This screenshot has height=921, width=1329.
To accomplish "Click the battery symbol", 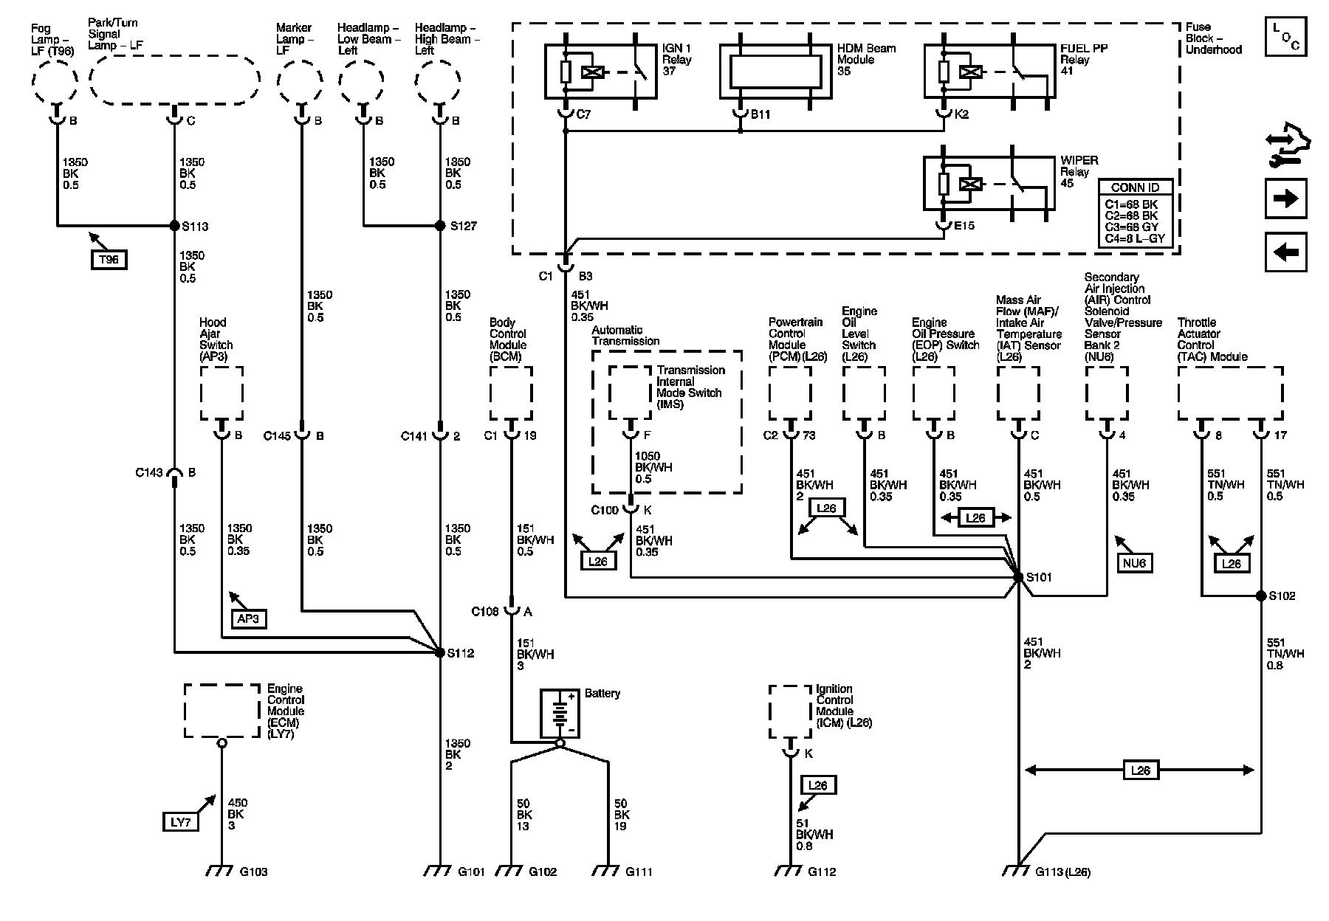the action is click(x=560, y=714).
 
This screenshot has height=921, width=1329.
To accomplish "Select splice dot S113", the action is click(x=174, y=226).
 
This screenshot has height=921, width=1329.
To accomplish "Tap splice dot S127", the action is click(x=440, y=226).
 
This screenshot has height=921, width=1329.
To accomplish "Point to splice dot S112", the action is click(x=440, y=652).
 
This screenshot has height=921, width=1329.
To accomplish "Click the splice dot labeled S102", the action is click(x=1261, y=596).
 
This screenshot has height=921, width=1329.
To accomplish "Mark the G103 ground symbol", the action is click(x=221, y=870).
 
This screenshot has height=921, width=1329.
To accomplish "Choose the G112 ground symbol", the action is click(x=790, y=870).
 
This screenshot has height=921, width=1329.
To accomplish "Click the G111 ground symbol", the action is click(x=608, y=870).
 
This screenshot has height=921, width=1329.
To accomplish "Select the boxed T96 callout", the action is click(x=109, y=259).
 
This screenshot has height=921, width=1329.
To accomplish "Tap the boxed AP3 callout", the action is click(x=247, y=618).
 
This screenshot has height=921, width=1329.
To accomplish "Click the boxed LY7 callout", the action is click(x=180, y=821).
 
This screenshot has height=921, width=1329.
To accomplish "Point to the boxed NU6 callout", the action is click(x=1133, y=563).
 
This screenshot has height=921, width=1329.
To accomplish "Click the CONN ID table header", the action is click(x=1135, y=187).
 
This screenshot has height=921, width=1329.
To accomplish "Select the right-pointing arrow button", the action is click(x=1286, y=199).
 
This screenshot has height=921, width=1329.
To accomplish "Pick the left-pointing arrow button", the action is click(x=1286, y=252).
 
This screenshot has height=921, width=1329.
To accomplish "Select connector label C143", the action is click(x=148, y=473).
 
